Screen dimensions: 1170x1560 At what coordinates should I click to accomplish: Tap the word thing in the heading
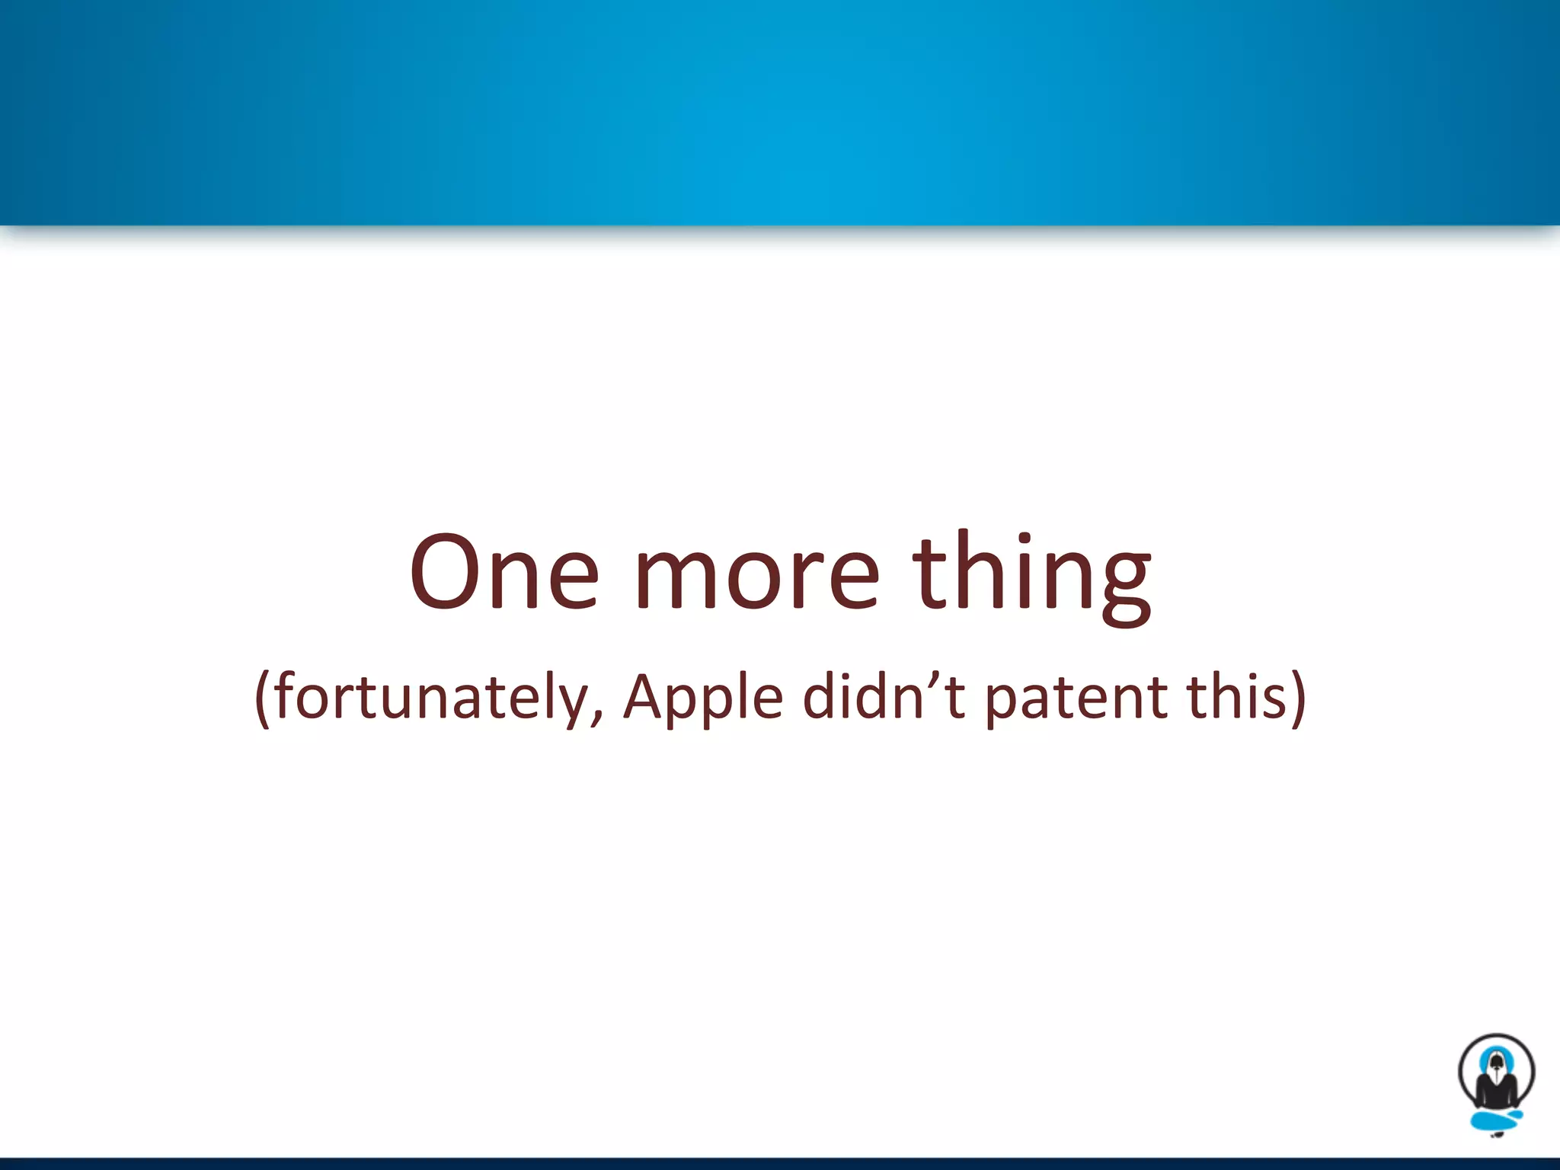[x=1032, y=573]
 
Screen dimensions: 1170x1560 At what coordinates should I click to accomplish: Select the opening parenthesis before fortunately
[x=263, y=699]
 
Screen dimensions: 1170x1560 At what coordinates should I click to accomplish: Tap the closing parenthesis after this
[x=1297, y=699]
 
